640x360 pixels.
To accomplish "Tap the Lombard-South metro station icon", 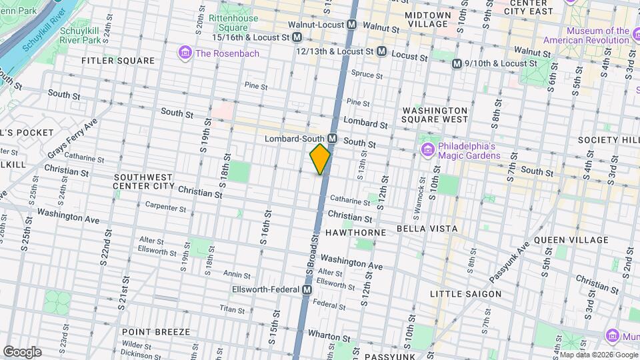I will click(331, 139).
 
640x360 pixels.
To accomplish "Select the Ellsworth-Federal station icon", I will click(307, 290).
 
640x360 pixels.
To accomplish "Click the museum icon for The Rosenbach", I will click(185, 52).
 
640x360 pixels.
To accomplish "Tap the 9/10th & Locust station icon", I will click(457, 63).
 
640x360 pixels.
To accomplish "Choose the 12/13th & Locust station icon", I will click(381, 51).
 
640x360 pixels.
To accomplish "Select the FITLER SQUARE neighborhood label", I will click(118, 61).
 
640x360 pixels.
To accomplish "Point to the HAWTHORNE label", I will click(356, 232).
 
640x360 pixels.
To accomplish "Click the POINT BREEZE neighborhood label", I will click(156, 331).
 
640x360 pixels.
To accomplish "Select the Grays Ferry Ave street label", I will click(71, 139).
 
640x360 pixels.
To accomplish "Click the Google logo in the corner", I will click(22, 351).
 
